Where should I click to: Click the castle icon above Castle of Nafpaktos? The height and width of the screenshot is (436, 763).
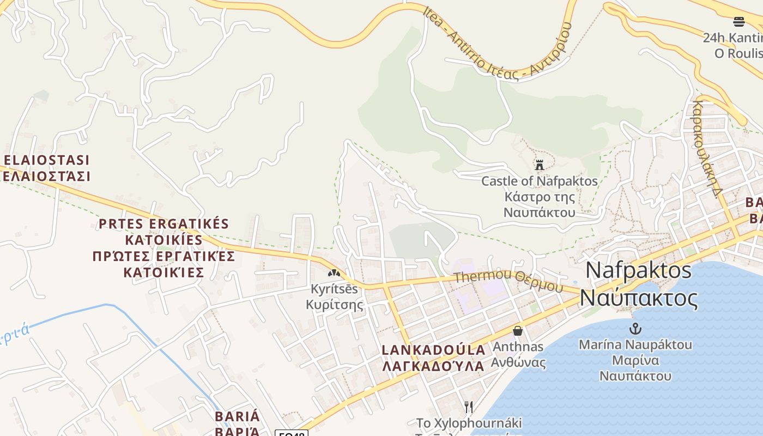(540, 165)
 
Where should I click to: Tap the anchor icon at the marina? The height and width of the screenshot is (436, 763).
(635, 329)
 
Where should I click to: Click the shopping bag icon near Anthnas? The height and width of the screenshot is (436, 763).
(517, 331)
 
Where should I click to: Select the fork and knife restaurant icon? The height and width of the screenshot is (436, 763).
(468, 407)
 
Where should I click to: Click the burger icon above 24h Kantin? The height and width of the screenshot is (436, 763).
(738, 22)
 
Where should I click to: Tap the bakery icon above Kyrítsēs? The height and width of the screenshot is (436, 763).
(334, 272)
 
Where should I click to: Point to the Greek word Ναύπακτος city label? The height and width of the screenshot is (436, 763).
(638, 298)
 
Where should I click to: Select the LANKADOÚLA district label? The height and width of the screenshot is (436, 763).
(433, 349)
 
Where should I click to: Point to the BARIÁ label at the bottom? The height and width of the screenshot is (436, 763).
(237, 417)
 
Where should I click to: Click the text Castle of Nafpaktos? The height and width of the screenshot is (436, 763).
(539, 181)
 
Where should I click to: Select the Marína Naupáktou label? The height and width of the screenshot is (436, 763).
(635, 344)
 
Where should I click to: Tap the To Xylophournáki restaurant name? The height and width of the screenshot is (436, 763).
(469, 423)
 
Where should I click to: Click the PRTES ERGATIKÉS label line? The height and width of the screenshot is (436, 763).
(163, 224)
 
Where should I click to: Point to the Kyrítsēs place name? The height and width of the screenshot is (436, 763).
(334, 289)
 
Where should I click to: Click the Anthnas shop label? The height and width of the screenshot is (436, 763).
(518, 347)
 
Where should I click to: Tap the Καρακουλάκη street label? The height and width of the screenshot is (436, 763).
(707, 147)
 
